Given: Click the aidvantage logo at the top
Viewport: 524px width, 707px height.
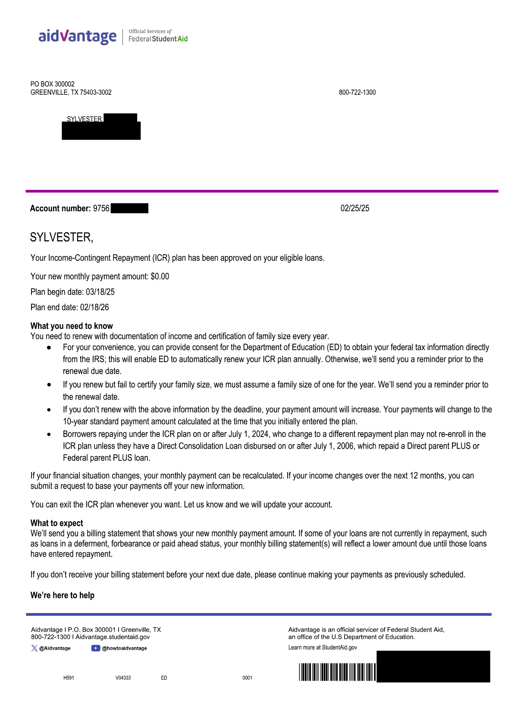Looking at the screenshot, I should click(x=77, y=36).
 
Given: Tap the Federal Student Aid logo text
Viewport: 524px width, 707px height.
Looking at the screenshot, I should click(x=158, y=39).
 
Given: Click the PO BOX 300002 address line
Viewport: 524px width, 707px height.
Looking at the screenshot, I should click(x=52, y=84).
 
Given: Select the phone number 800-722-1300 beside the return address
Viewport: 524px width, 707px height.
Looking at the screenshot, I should click(x=357, y=92).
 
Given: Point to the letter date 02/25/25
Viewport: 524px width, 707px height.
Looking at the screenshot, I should click(x=355, y=208).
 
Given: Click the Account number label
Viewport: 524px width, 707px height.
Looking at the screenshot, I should click(x=60, y=208).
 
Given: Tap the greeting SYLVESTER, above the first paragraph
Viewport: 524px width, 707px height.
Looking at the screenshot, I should click(x=61, y=237).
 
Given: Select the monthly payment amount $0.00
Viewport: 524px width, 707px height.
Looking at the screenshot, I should click(x=160, y=276).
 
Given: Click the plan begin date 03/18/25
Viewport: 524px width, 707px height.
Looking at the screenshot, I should click(x=100, y=292).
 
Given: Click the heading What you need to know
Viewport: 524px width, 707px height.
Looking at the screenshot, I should click(x=72, y=326).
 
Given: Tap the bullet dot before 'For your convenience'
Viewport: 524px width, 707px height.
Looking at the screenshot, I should click(x=49, y=347).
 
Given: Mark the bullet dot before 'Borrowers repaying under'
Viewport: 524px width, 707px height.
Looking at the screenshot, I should click(x=49, y=434).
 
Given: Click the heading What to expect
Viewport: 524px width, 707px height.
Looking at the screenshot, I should click(x=56, y=523).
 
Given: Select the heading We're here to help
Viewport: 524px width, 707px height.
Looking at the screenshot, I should click(x=62, y=595).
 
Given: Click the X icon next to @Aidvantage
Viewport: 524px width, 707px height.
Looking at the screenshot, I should click(x=34, y=648).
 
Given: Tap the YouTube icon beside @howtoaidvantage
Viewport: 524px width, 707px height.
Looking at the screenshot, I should click(x=95, y=648).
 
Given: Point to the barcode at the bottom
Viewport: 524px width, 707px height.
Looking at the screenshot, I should click(x=337, y=672).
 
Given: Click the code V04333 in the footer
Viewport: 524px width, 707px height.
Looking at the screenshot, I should click(x=123, y=678).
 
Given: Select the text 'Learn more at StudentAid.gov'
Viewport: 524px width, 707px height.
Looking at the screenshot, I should click(x=323, y=648).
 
